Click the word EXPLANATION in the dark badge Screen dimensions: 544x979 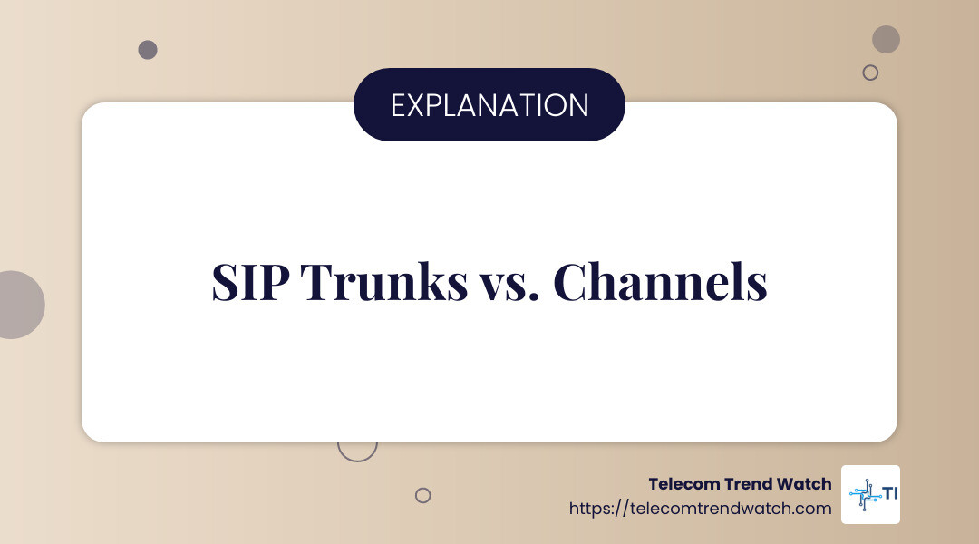(x=489, y=105)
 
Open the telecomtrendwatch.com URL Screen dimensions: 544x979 (x=700, y=509)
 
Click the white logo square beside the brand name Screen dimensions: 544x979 (x=870, y=494)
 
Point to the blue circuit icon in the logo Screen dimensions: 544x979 (x=864, y=495)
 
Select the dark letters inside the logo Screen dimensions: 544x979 (x=889, y=494)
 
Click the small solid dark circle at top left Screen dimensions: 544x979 (x=148, y=50)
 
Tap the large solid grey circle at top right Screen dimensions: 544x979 (x=886, y=39)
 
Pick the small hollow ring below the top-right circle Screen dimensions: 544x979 (x=870, y=73)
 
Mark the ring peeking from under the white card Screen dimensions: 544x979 (x=356, y=451)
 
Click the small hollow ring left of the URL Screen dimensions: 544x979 (x=422, y=495)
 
